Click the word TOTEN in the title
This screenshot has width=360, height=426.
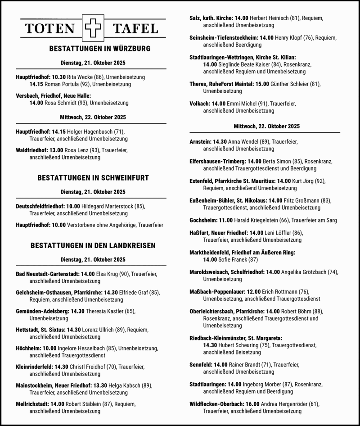(50, 29)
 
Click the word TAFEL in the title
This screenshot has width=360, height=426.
(136, 29)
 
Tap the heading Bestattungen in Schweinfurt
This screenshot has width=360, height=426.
(93, 178)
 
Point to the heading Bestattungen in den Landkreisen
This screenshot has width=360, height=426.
(93, 245)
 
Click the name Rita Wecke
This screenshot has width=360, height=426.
(80, 77)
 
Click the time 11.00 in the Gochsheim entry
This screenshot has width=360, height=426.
(225, 220)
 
